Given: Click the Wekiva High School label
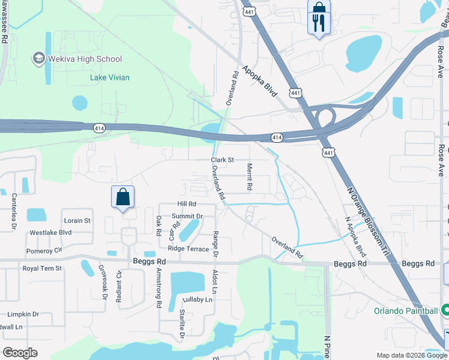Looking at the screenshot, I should click(x=84, y=59).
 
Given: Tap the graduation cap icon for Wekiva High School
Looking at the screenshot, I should click(x=38, y=58).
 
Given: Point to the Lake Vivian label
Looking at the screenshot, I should click(x=110, y=77).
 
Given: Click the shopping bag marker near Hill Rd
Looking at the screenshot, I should click(x=122, y=197).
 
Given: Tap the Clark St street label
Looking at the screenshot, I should click(x=221, y=160).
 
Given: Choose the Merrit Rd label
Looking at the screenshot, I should click(x=249, y=178).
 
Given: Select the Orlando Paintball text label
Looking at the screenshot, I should click(x=406, y=311).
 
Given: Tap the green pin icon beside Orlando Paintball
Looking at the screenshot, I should click(x=445, y=310).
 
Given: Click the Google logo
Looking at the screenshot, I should click(x=20, y=353).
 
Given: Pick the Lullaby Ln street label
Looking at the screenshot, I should click(x=197, y=299).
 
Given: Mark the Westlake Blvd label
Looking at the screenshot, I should click(x=51, y=232).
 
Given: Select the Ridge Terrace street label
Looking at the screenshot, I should click(x=188, y=248).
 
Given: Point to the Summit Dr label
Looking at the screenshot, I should click(x=187, y=216).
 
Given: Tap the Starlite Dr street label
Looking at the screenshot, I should click(x=182, y=324).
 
